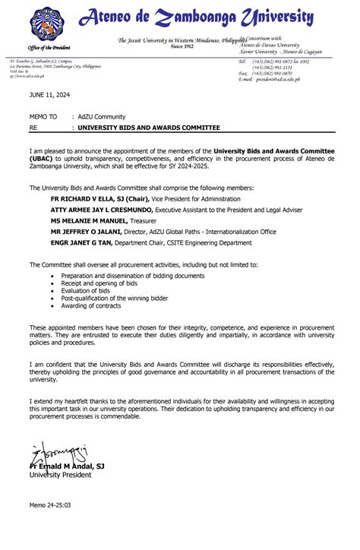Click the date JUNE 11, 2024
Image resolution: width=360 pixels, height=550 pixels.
48,95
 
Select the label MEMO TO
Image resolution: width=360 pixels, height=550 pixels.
43,117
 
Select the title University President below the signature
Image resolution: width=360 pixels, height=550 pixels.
60,475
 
